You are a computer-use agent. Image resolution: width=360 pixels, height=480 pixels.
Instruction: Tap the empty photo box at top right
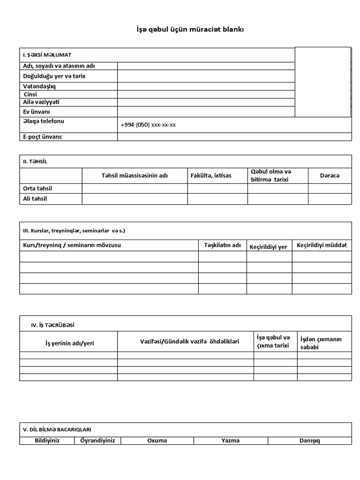click(x=322, y=82)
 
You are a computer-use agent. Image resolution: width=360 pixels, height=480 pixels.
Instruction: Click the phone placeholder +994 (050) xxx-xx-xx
click(x=148, y=125)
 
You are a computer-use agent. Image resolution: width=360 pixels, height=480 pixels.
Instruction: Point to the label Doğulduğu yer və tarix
click(x=54, y=76)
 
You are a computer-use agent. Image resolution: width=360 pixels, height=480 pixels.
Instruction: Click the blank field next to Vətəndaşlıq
click(x=206, y=86)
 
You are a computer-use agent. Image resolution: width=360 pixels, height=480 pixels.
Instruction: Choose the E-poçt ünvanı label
click(x=43, y=136)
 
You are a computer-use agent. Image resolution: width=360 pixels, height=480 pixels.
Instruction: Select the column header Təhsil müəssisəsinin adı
click(x=135, y=176)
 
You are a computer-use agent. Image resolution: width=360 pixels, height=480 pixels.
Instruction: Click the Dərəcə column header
click(x=329, y=175)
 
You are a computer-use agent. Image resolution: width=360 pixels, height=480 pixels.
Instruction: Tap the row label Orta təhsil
click(x=37, y=188)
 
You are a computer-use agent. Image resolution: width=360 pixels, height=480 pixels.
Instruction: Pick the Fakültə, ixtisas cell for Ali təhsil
click(x=217, y=199)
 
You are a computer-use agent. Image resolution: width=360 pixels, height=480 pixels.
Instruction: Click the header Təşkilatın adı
click(x=222, y=245)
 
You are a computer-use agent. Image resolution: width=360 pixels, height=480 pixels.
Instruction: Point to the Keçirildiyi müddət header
click(x=322, y=245)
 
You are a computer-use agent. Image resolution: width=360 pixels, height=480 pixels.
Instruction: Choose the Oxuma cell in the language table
click(x=157, y=441)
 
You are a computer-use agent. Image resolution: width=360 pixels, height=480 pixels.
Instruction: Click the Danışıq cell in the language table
click(x=309, y=441)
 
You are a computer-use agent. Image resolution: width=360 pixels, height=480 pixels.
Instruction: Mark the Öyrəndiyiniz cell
click(x=97, y=441)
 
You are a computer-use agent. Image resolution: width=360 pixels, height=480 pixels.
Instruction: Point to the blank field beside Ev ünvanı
click(x=206, y=112)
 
